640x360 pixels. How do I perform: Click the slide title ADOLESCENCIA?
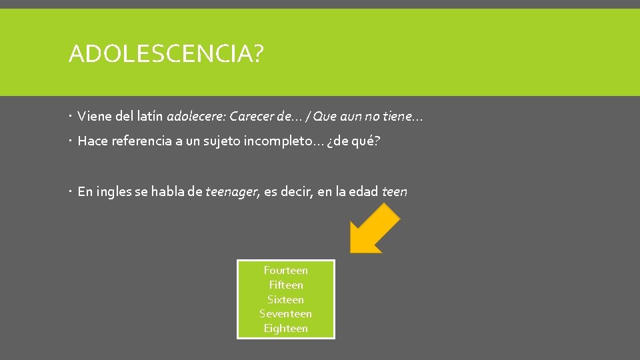(x=165, y=53)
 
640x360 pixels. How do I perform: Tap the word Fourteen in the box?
(x=285, y=270)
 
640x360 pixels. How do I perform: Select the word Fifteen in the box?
(x=285, y=285)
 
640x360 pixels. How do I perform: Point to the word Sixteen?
(x=285, y=299)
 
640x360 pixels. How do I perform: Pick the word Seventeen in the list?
(x=285, y=313)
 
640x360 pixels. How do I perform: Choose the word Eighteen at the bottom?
(x=285, y=328)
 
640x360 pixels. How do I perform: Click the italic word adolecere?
(x=196, y=117)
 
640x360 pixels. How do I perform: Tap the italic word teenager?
(x=231, y=192)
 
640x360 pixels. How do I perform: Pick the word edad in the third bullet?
(x=363, y=192)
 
